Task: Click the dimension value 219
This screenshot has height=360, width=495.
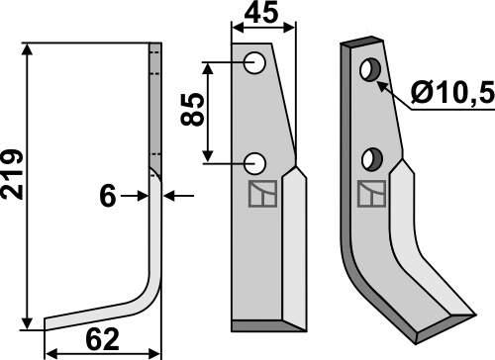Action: click(x=12, y=174)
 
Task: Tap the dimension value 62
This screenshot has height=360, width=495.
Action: click(x=102, y=339)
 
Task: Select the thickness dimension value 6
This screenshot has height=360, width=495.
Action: click(x=108, y=196)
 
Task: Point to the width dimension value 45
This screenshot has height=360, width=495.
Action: click(x=261, y=13)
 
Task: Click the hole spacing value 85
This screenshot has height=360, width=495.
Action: click(x=192, y=110)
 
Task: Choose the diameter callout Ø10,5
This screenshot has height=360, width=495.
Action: click(x=452, y=92)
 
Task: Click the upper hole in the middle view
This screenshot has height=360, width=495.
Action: click(x=254, y=62)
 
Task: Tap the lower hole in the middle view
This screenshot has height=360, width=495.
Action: click(x=254, y=163)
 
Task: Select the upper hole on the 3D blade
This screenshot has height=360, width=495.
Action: click(x=370, y=69)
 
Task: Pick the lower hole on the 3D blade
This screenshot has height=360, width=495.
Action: click(x=372, y=159)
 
